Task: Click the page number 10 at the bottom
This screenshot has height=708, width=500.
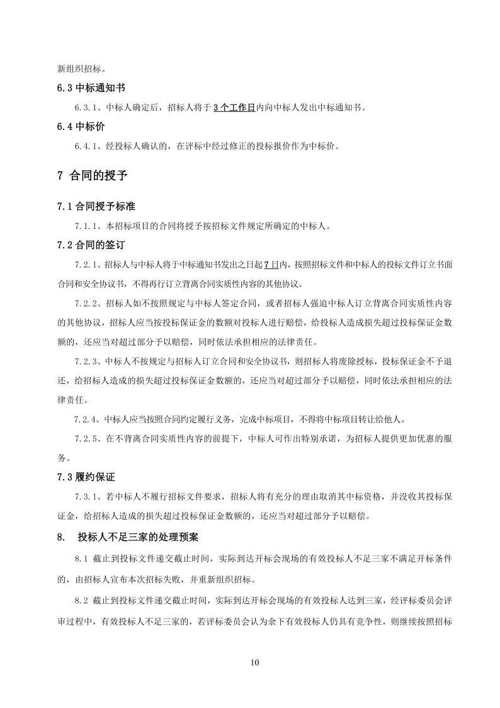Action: click(x=254, y=663)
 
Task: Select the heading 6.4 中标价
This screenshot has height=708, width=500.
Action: click(x=81, y=127)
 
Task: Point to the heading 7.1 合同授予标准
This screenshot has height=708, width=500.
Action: click(x=97, y=206)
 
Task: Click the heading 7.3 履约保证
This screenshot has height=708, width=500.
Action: click(x=89, y=478)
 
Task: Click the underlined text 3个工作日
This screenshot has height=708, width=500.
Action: click(x=234, y=108)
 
